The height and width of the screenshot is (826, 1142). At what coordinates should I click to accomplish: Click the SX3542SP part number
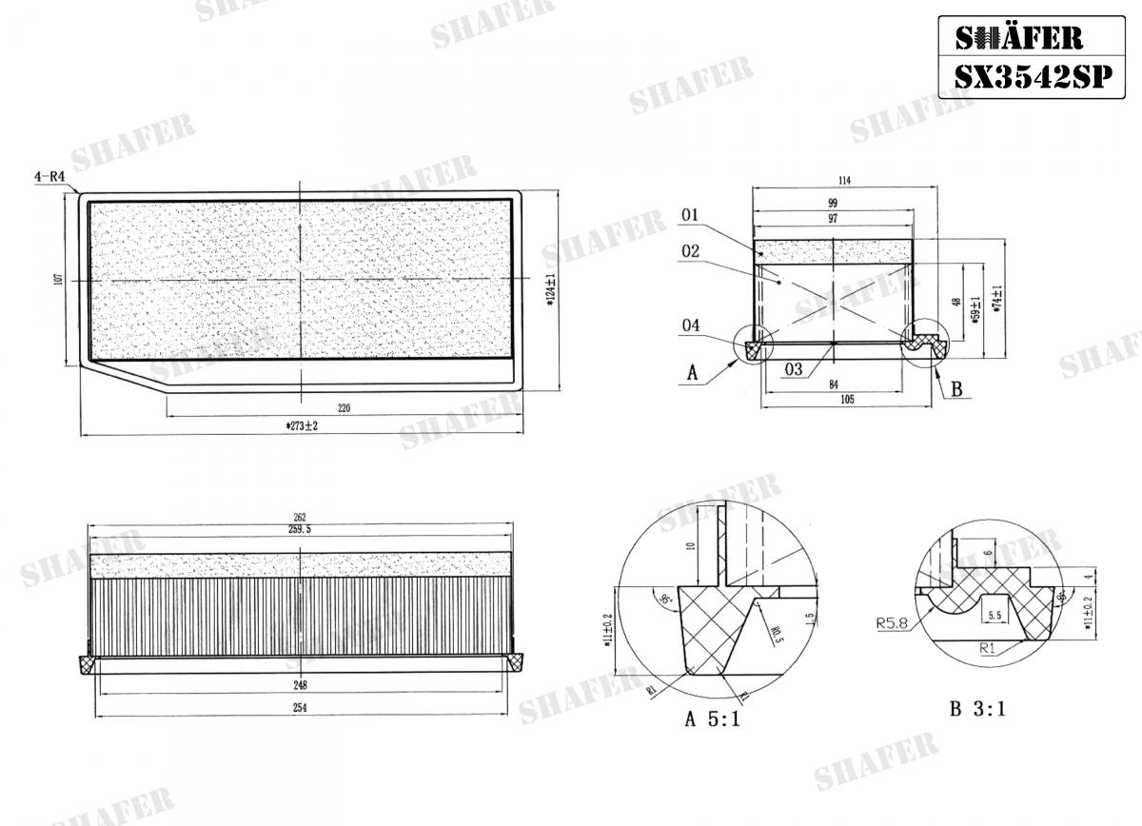[x=1033, y=77]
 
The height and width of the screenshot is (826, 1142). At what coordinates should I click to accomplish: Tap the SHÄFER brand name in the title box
[x=1018, y=37]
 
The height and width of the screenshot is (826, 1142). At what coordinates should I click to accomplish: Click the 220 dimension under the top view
[x=344, y=408]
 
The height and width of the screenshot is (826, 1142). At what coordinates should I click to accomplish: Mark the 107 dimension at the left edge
[x=58, y=279]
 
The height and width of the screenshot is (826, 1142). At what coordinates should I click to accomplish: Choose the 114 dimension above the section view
[x=843, y=181]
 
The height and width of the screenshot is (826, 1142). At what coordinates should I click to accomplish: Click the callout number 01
[x=690, y=216]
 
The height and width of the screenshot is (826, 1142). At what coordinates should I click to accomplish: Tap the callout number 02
[x=690, y=252]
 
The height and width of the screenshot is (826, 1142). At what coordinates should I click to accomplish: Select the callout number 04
[x=690, y=326]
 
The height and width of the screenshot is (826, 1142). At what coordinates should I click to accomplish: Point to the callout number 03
[x=794, y=369]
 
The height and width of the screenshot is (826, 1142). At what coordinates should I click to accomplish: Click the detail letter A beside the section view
[x=693, y=375]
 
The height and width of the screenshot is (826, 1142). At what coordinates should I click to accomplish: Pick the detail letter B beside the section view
[x=956, y=389]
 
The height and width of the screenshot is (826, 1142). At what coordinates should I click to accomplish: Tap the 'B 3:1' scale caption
[x=976, y=709]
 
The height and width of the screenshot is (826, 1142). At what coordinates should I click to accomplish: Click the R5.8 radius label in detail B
[x=892, y=625]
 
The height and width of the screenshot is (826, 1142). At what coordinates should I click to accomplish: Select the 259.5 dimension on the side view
[x=301, y=530]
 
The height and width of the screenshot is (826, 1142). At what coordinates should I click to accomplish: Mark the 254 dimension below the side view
[x=301, y=707]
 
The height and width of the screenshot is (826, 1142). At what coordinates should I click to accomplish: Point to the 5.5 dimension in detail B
[x=995, y=616]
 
